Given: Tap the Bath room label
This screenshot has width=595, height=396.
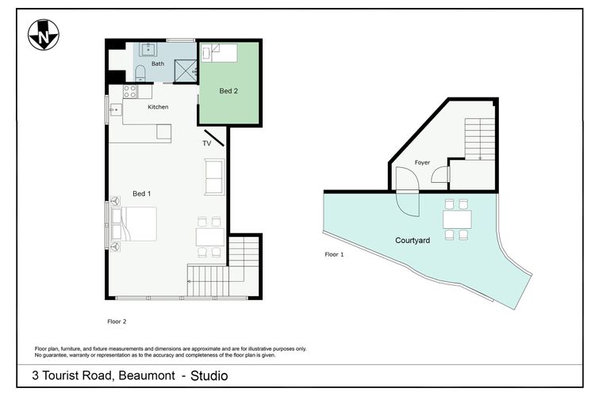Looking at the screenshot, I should [158, 63].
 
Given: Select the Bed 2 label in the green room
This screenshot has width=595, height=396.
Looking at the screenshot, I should [228, 91].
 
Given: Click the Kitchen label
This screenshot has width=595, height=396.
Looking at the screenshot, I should [158, 107].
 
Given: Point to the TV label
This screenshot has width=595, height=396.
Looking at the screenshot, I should [206, 143].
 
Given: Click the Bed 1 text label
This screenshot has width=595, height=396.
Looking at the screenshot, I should [142, 194].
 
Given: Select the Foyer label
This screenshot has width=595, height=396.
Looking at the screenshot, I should [422, 162].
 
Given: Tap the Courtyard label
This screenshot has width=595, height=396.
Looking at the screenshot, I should [413, 240].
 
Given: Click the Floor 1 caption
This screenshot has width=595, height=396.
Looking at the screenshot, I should [335, 254].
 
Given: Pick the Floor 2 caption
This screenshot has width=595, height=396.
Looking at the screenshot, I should [117, 322].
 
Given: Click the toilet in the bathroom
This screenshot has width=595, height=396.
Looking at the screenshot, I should [140, 74].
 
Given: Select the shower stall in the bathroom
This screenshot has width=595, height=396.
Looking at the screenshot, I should [184, 70].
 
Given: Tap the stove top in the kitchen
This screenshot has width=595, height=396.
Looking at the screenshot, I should [129, 91].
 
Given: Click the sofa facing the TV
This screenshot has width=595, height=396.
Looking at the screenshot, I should [214, 177].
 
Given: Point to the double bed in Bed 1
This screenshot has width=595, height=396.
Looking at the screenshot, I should [136, 224].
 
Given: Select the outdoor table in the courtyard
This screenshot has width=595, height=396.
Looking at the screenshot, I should [456, 219].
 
